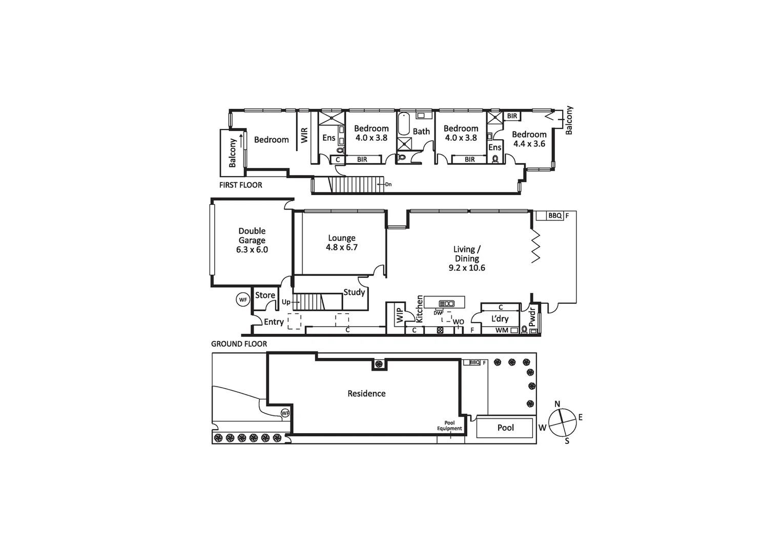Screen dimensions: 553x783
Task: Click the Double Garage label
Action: coord(252,240)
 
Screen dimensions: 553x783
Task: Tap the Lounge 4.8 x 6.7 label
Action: coord(341,243)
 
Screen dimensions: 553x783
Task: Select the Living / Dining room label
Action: coord(467,258)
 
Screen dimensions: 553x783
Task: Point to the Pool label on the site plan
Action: coord(505,428)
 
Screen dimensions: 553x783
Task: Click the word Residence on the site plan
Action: coord(366,393)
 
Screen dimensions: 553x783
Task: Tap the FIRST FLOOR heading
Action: coord(240,185)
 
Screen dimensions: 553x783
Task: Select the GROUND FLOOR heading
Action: coord(239,344)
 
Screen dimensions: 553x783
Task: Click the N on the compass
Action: coord(558,403)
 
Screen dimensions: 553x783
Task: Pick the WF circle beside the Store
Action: coord(243,300)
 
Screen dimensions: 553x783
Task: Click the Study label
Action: coord(354,292)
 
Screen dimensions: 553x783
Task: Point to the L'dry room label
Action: coord(500,318)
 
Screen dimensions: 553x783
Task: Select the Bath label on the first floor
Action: coord(421,132)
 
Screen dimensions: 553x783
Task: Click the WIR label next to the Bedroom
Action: coord(304,135)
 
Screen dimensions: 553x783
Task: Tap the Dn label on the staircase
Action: coord(388,184)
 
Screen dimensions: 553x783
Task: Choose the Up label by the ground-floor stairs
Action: coord(286,302)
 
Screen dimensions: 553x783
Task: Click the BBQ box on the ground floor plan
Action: coord(555,216)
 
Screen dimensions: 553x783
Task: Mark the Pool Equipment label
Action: coord(449,426)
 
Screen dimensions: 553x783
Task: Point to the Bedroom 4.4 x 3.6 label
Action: coord(529,139)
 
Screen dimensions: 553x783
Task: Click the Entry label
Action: coord(274,322)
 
